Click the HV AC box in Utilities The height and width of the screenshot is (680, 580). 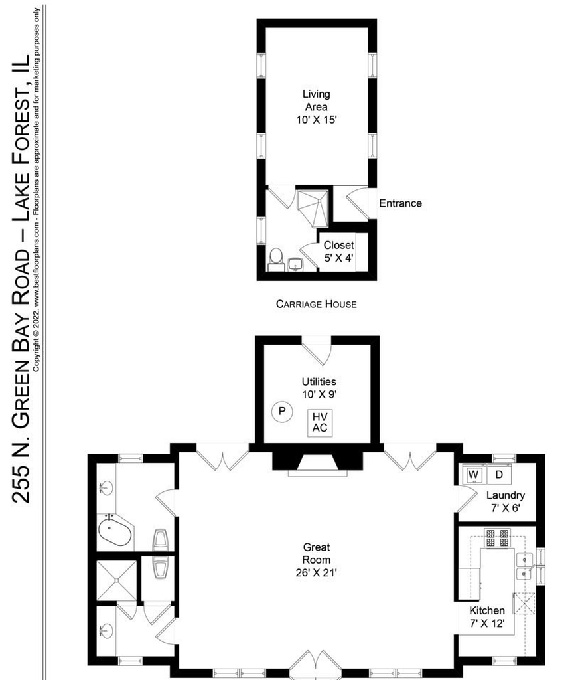(320, 422)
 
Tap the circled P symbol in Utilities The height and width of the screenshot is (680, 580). (282, 411)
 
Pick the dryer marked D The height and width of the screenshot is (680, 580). (500, 474)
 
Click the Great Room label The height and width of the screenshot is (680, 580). (317, 560)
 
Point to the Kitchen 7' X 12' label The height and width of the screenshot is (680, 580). (487, 617)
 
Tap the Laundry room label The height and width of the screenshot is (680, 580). (506, 501)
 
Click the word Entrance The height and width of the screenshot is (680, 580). (400, 203)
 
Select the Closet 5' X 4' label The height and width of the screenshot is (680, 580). (339, 252)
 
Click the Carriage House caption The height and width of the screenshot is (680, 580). (317, 304)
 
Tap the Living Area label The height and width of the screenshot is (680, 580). (317, 107)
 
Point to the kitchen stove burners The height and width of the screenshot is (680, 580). (498, 538)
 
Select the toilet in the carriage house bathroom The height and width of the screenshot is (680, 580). (276, 259)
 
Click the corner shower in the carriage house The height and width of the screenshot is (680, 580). (313, 208)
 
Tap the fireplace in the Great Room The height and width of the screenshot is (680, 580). (317, 461)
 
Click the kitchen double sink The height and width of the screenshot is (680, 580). (524, 566)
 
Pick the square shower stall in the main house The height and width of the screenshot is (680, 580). (116, 580)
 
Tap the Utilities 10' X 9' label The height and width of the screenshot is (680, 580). (319, 388)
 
